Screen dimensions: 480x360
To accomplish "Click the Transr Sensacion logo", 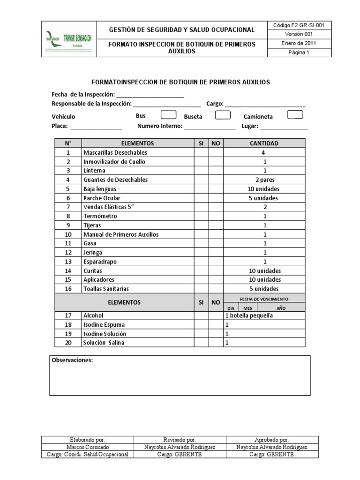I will [x=68, y=39].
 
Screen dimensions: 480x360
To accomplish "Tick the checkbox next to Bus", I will [x=168, y=115].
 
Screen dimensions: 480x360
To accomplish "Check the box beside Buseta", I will [x=223, y=115].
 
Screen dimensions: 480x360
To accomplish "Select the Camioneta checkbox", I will [x=295, y=115].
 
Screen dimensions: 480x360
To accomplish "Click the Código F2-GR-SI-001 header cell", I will [x=299, y=25].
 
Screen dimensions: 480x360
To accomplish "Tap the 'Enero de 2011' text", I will [x=299, y=43].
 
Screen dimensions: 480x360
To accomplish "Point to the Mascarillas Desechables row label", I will [x=115, y=153].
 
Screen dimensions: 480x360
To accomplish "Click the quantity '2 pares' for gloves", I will [x=264, y=180].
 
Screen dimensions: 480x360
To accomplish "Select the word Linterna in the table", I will [x=94, y=171].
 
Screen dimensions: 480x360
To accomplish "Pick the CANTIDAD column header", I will [x=264, y=143].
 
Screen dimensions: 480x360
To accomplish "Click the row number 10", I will [x=68, y=234].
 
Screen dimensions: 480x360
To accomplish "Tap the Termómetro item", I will [x=100, y=216].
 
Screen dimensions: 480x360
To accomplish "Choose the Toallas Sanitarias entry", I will [x=106, y=289].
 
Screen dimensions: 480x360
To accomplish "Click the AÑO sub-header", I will [x=281, y=308].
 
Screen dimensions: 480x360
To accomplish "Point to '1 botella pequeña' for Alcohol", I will [x=249, y=316].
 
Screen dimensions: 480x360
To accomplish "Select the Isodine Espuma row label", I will [x=104, y=325].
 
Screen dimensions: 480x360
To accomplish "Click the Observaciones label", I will [x=72, y=360].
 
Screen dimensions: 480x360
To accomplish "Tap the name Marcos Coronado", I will [x=88, y=447].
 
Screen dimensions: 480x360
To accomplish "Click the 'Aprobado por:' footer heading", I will [x=271, y=440].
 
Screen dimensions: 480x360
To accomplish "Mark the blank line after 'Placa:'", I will [x=96, y=127].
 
